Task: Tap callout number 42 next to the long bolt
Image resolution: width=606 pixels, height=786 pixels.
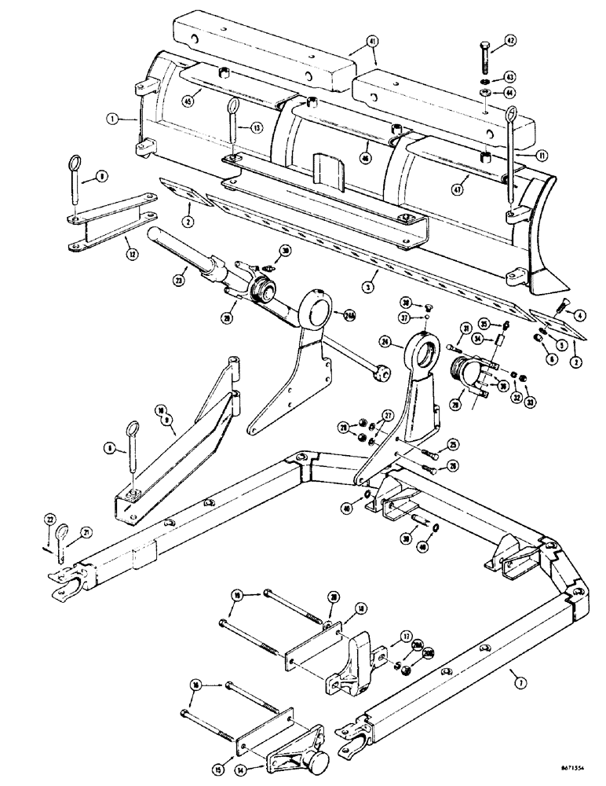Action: click(510, 41)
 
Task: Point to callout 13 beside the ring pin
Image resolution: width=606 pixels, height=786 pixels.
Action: click(256, 127)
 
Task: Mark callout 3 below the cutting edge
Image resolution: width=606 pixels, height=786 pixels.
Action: click(374, 274)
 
